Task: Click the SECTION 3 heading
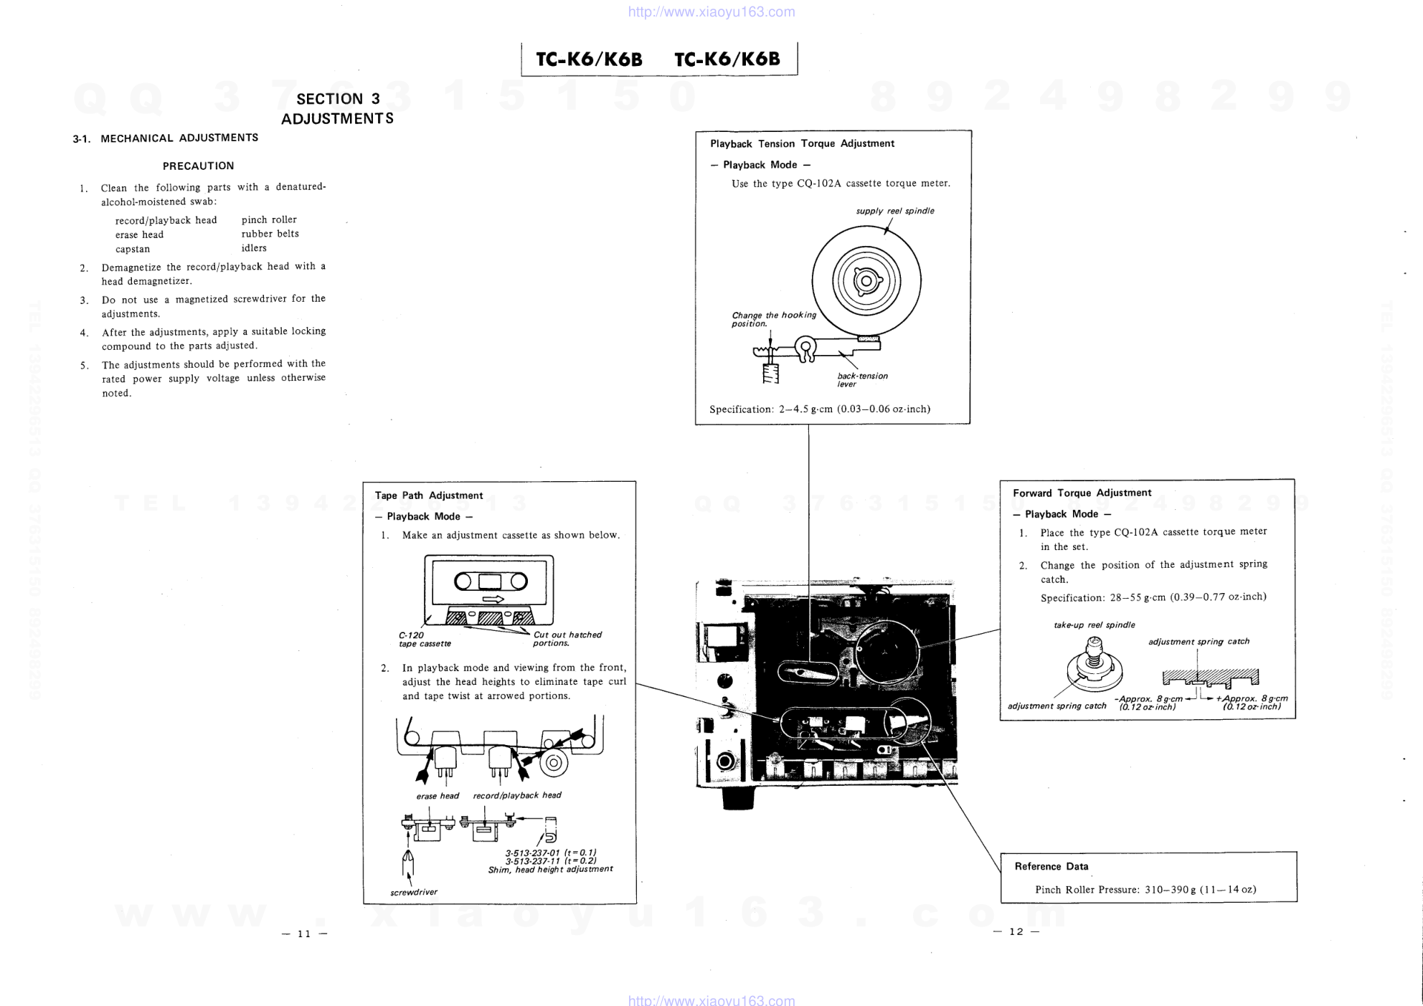(338, 99)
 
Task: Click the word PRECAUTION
(199, 166)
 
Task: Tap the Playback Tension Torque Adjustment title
(802, 143)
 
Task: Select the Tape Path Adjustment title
(429, 495)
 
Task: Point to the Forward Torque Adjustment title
(1082, 493)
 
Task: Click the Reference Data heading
(1051, 866)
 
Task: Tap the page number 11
(304, 934)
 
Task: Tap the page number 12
(1016, 931)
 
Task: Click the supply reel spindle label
(895, 211)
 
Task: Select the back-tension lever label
(862, 380)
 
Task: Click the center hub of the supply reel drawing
(866, 280)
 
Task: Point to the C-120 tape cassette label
(425, 639)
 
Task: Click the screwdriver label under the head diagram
(414, 892)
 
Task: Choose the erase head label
(438, 796)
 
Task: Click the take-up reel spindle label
(1095, 625)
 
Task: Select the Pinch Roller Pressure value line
(1145, 889)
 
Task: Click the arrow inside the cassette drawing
(493, 599)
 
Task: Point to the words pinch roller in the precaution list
(269, 219)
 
